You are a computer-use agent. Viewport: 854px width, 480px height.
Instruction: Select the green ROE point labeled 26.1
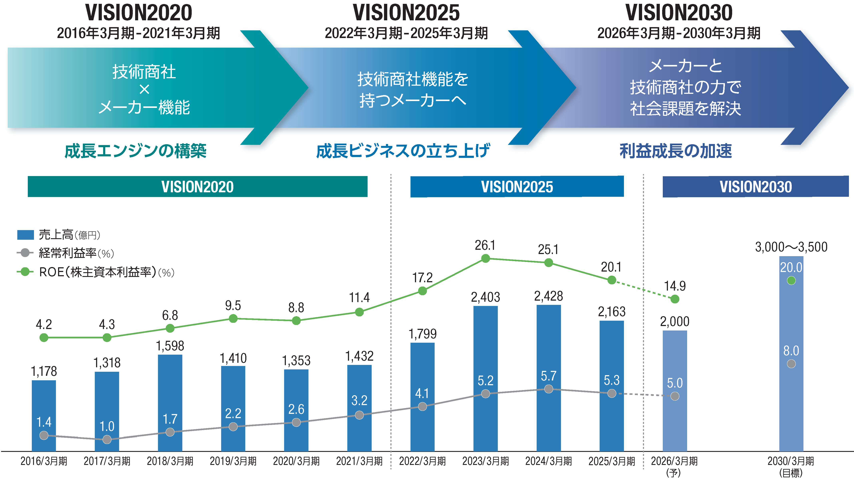click(x=485, y=258)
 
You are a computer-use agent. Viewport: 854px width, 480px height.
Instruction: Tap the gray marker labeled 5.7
click(x=549, y=389)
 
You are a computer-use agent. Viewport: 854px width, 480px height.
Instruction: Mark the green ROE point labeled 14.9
click(x=675, y=299)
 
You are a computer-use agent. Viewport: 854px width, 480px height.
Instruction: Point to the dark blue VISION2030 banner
click(x=755, y=186)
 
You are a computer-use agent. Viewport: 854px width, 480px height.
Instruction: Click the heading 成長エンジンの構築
click(x=135, y=151)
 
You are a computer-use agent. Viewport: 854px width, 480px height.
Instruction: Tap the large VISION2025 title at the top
click(x=406, y=13)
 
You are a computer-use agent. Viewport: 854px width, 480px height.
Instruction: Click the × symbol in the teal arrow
click(x=144, y=89)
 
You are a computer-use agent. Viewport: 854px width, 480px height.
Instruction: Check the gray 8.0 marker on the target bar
click(x=791, y=364)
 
